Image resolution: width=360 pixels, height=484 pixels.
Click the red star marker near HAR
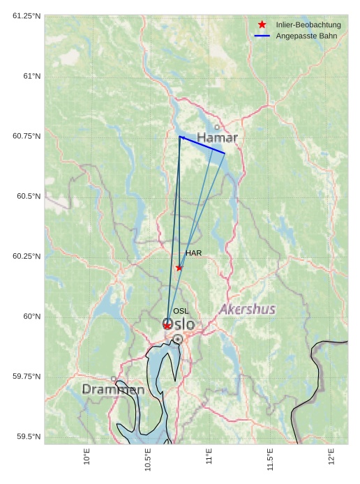(x=179, y=268)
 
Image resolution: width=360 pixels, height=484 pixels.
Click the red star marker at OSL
(x=167, y=326)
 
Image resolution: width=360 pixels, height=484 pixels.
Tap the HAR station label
(x=193, y=253)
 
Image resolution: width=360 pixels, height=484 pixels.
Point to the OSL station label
(x=181, y=311)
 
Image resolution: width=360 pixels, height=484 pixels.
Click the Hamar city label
(x=217, y=137)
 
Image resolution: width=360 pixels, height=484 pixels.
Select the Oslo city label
(x=179, y=324)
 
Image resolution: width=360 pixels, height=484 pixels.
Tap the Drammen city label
(x=113, y=389)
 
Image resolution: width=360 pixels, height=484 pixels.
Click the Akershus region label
(x=247, y=309)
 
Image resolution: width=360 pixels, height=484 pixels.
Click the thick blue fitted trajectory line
(x=202, y=145)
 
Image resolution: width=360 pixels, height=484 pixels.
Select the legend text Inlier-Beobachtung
(x=308, y=24)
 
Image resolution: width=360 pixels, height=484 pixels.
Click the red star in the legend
(x=262, y=24)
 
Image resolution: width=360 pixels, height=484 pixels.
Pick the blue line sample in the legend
(x=262, y=35)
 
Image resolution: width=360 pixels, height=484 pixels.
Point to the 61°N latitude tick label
(x=29, y=76)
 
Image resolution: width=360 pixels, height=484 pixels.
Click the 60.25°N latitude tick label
(x=27, y=257)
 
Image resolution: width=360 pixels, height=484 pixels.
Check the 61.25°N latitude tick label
(x=27, y=15)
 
